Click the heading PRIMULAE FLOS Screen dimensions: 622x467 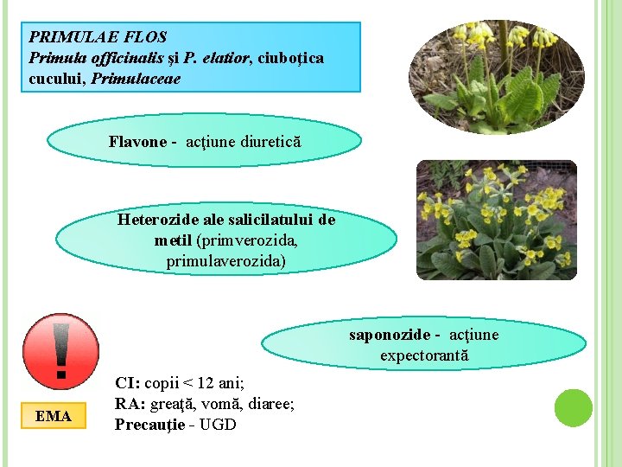[x=98, y=37]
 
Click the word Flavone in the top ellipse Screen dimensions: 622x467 [x=136, y=141]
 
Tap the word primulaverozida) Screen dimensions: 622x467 [x=225, y=260]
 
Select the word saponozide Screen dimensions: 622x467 [x=389, y=335]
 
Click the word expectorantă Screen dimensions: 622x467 [x=423, y=355]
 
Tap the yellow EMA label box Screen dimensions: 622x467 [x=54, y=416]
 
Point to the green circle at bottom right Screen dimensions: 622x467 [x=573, y=407]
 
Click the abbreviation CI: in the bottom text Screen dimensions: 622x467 [x=128, y=383]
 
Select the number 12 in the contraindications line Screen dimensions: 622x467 [x=206, y=383]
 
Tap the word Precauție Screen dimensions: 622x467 [x=149, y=425]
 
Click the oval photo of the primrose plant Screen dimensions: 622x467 [x=496, y=78]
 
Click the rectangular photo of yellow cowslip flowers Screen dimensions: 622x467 [x=496, y=220]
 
